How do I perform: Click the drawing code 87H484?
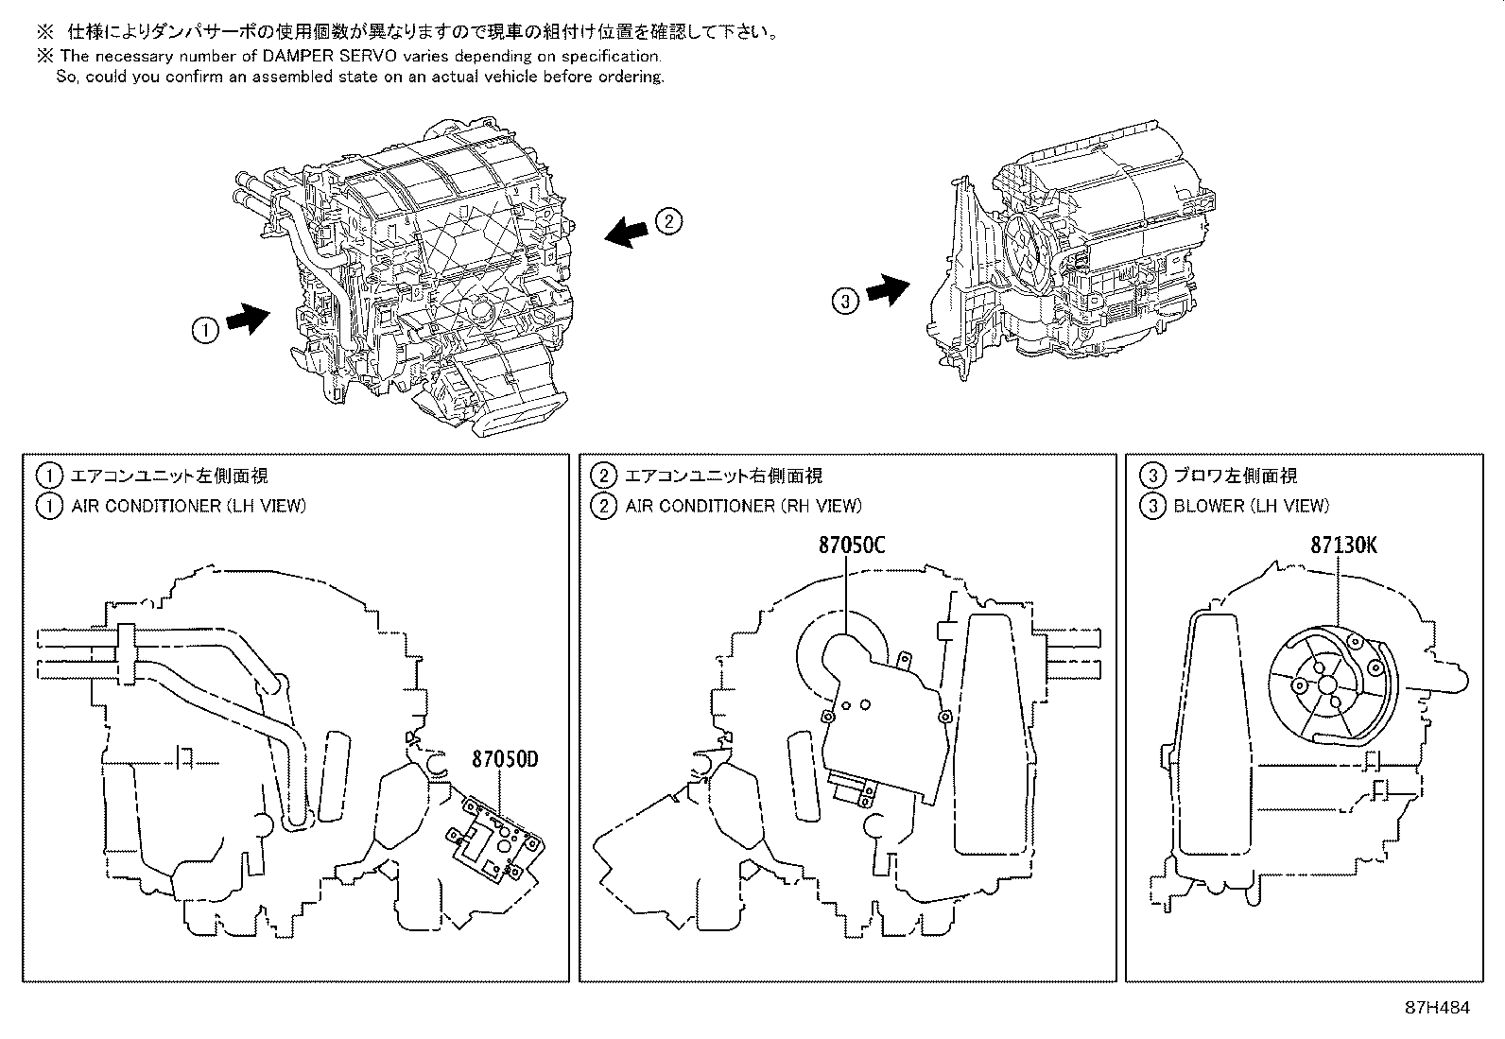1437,1008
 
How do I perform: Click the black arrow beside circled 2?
626,233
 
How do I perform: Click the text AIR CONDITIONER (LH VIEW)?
188,506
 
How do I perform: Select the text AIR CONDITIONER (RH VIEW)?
743,506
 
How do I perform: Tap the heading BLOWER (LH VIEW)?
1251,506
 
